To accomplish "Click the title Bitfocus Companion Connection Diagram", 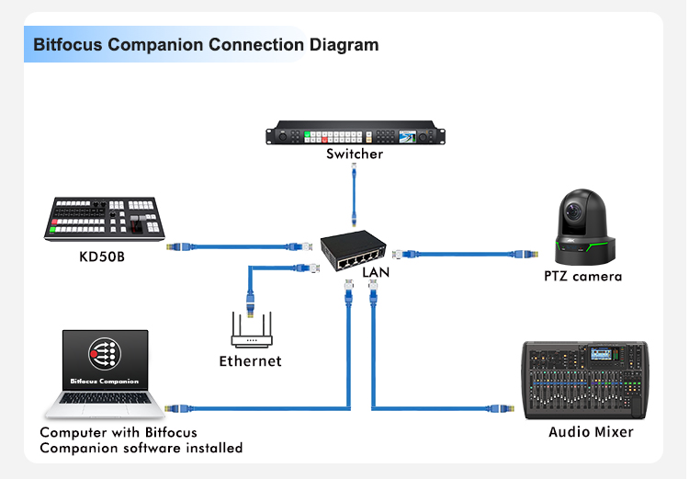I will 206,44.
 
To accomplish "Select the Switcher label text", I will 355,154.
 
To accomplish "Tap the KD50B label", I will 101,256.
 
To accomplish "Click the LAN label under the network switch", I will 376,273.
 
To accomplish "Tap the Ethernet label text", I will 250,361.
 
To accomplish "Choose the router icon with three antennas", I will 250,329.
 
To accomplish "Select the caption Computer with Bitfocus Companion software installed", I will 141,439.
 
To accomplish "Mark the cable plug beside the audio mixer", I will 503,406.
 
